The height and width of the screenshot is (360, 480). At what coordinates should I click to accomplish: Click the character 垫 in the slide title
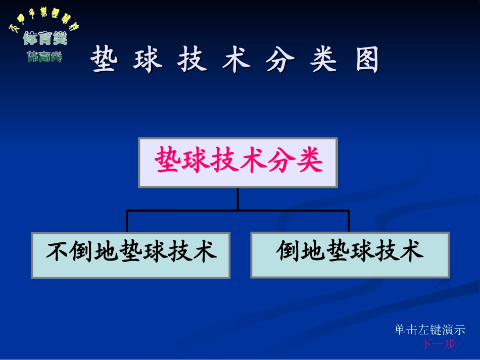(x=105, y=61)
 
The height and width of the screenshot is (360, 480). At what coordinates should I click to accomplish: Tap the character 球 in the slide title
(x=149, y=61)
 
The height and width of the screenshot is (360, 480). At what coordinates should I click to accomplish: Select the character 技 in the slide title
(x=193, y=61)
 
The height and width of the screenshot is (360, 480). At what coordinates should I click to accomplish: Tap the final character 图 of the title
(x=367, y=61)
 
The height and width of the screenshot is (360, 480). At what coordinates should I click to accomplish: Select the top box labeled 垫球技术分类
(x=238, y=163)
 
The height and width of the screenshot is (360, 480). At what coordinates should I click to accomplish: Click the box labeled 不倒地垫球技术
(x=131, y=255)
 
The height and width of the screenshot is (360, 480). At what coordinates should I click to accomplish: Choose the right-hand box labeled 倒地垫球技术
(x=350, y=254)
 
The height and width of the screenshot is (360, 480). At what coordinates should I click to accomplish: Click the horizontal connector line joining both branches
(x=238, y=210)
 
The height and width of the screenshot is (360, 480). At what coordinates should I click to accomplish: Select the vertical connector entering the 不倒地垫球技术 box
(x=127, y=222)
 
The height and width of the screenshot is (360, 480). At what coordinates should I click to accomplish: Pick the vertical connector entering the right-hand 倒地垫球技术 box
(x=349, y=222)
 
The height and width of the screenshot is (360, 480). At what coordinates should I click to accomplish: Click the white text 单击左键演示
(x=429, y=330)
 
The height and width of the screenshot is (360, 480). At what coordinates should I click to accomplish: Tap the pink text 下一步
(x=438, y=344)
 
